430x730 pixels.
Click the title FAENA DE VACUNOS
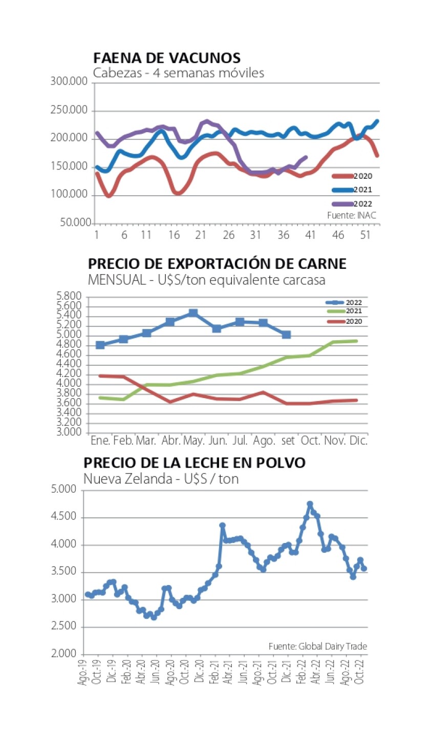click(166, 57)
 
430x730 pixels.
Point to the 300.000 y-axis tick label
click(71, 82)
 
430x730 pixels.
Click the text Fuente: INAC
click(352, 216)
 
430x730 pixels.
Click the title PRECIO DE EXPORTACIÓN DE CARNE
click(218, 264)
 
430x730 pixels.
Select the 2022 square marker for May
click(192, 312)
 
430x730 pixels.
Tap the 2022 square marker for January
click(100, 345)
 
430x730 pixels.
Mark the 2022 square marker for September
click(286, 335)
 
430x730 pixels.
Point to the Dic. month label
click(357, 441)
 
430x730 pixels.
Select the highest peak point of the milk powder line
click(310, 504)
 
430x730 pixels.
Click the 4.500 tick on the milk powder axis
click(65, 518)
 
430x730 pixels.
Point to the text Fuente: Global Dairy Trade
click(318, 646)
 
